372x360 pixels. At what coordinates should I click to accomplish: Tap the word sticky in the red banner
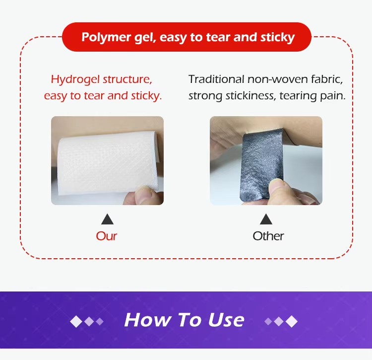tap(276, 37)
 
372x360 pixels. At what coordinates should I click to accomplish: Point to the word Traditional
tap(216, 79)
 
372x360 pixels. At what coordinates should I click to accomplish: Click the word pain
tap(332, 96)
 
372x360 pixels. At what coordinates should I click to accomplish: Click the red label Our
tap(107, 236)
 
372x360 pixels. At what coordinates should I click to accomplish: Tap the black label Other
tap(268, 236)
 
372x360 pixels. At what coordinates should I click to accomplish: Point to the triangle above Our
tap(107, 219)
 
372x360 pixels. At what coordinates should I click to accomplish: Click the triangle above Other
tap(266, 219)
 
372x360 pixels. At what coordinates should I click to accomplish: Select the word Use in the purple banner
tap(226, 320)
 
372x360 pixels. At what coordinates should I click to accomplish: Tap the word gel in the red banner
tap(140, 37)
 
